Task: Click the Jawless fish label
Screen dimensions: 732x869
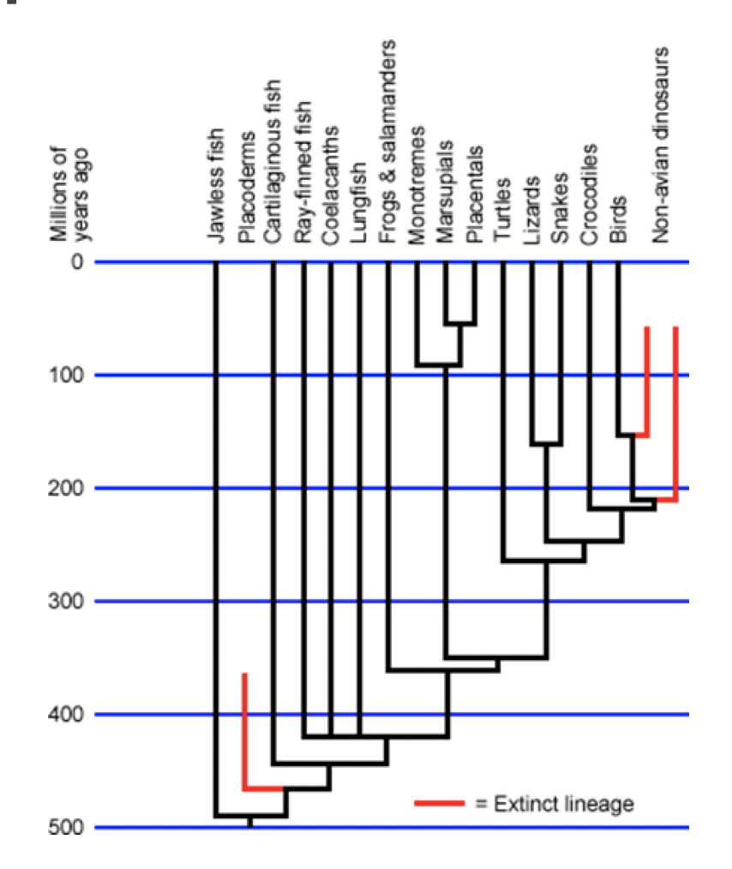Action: (215, 185)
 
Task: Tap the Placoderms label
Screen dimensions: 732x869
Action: (246, 188)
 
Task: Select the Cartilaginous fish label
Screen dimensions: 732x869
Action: (273, 161)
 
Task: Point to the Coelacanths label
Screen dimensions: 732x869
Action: (331, 185)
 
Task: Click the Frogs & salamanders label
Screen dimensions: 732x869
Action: (387, 141)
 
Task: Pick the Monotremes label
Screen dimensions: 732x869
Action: (417, 185)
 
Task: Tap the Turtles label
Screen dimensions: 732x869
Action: (502, 209)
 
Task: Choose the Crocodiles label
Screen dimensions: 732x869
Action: (589, 194)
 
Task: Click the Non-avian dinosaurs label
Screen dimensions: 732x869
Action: (660, 145)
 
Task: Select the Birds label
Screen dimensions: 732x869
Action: (618, 219)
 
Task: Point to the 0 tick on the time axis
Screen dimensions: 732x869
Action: (77, 261)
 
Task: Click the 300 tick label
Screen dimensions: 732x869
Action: (66, 601)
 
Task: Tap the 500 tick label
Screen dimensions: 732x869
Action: (66, 827)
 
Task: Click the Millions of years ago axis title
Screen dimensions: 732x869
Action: (69, 194)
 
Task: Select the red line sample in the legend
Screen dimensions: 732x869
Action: (440, 803)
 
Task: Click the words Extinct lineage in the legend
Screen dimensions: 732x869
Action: (563, 804)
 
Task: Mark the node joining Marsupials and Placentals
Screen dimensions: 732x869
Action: (460, 324)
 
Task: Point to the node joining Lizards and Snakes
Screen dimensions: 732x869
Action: (546, 445)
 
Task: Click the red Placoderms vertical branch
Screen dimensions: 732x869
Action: (245, 730)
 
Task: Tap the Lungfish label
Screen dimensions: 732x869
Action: (359, 202)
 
